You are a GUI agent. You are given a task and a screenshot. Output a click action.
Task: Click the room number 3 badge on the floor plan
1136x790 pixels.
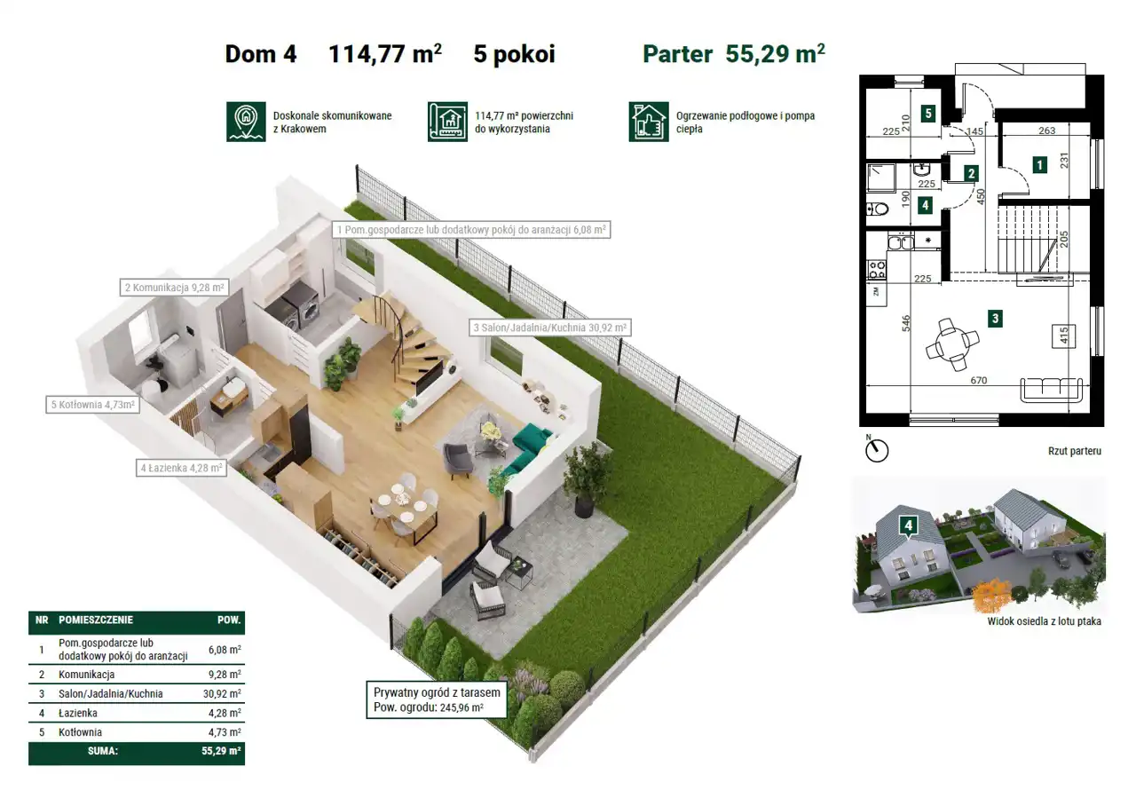[x=995, y=319]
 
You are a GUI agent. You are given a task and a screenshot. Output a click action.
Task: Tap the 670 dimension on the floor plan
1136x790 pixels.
[x=978, y=380]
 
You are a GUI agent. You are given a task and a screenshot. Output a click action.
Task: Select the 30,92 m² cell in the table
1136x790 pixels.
[x=222, y=693]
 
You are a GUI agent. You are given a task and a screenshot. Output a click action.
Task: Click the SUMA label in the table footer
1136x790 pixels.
[x=103, y=751]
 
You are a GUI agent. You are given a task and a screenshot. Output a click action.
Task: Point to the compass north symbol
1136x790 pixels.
[x=876, y=450]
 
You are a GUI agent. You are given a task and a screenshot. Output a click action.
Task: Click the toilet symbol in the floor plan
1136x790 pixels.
[x=878, y=209]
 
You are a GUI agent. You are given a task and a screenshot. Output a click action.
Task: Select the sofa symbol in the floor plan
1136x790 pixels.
[x=1052, y=390]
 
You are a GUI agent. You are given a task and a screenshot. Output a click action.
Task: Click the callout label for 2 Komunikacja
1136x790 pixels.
[x=175, y=288]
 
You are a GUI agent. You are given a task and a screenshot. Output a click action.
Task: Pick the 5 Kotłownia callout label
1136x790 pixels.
[x=93, y=405]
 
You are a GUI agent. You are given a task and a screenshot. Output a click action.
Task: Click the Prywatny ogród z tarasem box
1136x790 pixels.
[x=437, y=699]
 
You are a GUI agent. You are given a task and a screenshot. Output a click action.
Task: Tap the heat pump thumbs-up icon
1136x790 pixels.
[x=649, y=122]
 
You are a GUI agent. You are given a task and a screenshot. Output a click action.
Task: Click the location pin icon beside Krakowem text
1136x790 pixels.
[x=246, y=122]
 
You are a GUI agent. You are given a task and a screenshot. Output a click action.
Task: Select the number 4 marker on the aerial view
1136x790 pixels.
[x=908, y=525]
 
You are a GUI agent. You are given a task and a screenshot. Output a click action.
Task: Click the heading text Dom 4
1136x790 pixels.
[x=261, y=54]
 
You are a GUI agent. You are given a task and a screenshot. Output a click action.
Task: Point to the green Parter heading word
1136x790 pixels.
[x=677, y=54]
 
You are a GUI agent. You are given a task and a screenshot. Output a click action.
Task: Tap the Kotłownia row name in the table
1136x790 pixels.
[x=80, y=732]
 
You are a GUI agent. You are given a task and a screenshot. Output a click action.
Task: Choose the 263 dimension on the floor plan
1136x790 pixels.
[x=1046, y=130]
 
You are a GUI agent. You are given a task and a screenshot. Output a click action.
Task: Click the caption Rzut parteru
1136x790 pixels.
[x=1075, y=451]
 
